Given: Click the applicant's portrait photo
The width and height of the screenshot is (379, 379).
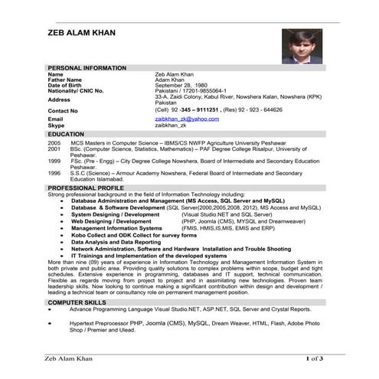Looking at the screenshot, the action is tap(301, 47).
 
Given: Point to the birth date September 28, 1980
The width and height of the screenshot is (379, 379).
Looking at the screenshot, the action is tap(181, 85).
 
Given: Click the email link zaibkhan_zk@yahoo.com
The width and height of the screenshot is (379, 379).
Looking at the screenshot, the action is tap(187, 119).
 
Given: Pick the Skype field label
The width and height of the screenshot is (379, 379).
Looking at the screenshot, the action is tap(56, 125).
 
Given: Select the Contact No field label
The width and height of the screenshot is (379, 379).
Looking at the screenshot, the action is tap(63, 110).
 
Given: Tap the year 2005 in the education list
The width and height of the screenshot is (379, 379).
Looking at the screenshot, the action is tap(54, 142).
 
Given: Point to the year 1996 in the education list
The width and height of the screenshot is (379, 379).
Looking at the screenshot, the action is tap(54, 173).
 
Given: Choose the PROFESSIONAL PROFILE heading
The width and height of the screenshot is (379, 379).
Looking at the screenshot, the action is tap(85, 188).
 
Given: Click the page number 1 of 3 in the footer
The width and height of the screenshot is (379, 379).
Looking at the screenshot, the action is tap(314, 358).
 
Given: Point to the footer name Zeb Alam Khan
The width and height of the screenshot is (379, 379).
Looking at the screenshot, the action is tap(71, 358).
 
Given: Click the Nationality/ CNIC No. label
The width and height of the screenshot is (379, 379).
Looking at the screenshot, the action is tap(75, 90).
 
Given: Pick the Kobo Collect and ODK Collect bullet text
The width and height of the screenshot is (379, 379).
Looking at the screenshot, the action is tap(129, 235).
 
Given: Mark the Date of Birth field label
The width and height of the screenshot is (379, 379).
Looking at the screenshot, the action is tap(64, 85).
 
